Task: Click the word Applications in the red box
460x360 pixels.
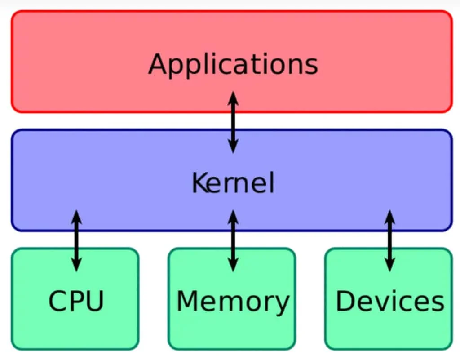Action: pos(233,64)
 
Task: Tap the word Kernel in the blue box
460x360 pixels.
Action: pos(233,183)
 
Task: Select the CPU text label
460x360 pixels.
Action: pos(76,301)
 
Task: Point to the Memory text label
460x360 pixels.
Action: pos(232,301)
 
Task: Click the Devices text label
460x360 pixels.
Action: pos(389,301)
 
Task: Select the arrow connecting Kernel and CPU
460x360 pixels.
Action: pos(77,241)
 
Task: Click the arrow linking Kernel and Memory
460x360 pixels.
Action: pos(233,241)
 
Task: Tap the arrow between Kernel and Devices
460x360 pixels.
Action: pos(389,241)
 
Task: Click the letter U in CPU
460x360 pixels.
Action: pos(95,301)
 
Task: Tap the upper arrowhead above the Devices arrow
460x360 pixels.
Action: pos(389,216)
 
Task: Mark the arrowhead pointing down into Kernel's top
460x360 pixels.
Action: pos(233,147)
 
